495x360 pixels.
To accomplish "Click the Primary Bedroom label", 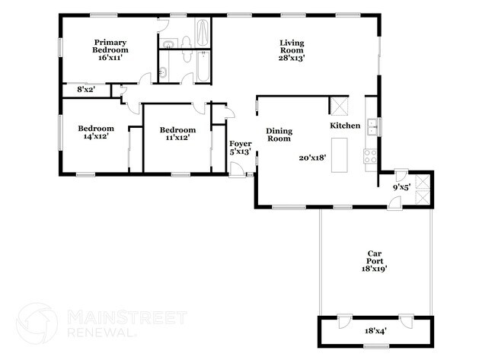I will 110,46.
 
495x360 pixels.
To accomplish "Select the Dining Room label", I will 279,135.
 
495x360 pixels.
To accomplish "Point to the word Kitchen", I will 344,125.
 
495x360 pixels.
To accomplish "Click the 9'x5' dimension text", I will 401,186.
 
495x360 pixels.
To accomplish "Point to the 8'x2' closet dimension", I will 85,90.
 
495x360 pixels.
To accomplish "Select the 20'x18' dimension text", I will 312,158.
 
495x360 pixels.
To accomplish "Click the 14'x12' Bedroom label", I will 96,133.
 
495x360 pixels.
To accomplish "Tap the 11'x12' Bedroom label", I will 177,134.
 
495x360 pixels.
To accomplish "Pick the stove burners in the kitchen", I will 371,157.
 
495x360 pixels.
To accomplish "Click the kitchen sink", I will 371,126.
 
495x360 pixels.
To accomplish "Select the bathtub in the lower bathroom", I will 202,65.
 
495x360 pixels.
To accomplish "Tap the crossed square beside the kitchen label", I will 338,105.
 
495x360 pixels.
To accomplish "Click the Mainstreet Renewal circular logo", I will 37,323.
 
